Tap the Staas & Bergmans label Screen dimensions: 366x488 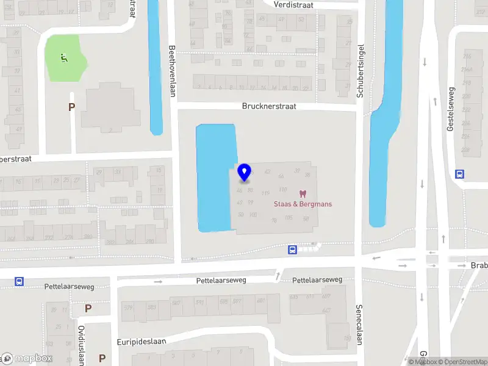(x=303, y=204)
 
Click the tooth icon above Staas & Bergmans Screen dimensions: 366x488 (x=302, y=193)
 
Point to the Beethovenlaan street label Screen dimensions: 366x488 (x=173, y=66)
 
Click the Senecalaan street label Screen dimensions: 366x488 (x=359, y=325)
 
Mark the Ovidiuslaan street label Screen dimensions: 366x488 (x=81, y=345)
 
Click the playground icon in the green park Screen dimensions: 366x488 (x=63, y=58)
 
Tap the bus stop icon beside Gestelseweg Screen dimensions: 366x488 (x=459, y=174)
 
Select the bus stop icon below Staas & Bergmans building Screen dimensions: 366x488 (x=293, y=249)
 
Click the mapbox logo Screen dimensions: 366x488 (x=27, y=359)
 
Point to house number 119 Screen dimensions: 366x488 (x=265, y=193)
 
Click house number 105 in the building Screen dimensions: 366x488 (x=289, y=218)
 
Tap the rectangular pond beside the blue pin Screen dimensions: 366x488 (x=215, y=177)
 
